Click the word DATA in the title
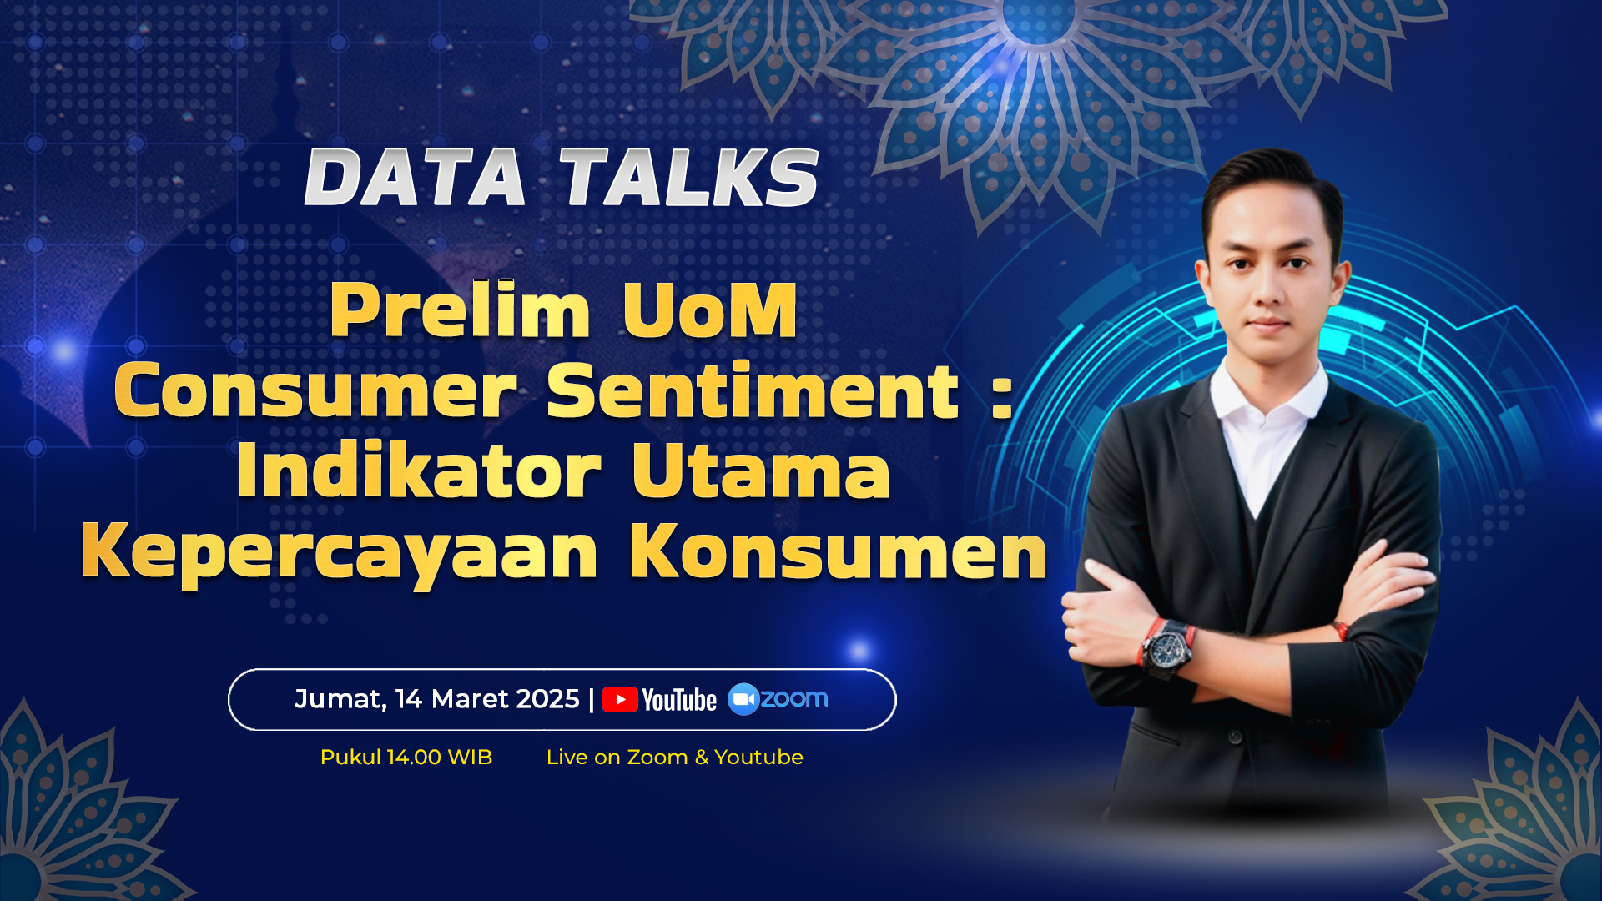(x=415, y=178)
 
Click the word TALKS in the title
(x=689, y=178)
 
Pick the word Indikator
(x=419, y=471)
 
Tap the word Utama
(x=761, y=471)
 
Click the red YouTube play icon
(x=620, y=699)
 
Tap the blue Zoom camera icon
(x=743, y=699)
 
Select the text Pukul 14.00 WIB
(x=406, y=758)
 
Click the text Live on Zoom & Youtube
(x=674, y=758)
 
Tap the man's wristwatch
(x=1166, y=647)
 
